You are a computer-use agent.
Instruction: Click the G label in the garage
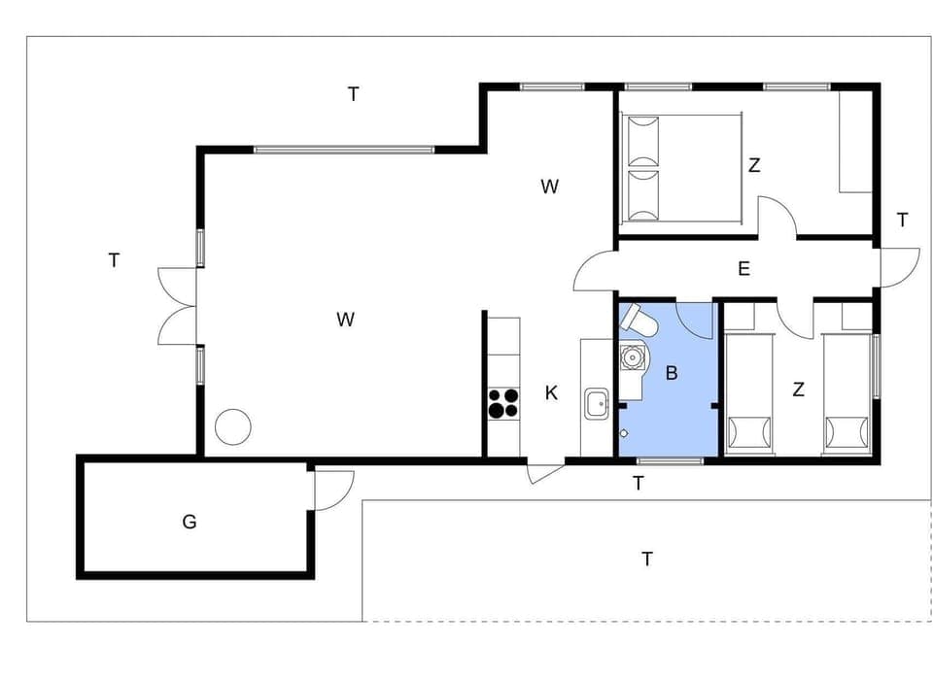click(190, 522)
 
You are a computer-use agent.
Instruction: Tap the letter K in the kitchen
click(551, 393)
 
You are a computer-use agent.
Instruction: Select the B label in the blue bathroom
click(671, 372)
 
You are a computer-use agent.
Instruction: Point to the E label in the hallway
click(743, 269)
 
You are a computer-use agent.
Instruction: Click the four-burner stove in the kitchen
click(503, 403)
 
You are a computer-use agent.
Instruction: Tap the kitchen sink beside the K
click(597, 402)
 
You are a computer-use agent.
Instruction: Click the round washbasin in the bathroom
click(634, 357)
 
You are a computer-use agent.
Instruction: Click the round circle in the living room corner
click(233, 426)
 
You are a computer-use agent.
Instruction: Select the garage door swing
click(332, 489)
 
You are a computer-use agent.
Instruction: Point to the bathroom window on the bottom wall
click(670, 459)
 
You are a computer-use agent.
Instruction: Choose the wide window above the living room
click(343, 150)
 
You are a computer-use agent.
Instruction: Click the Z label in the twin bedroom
click(798, 390)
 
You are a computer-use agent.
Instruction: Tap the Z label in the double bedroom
click(753, 165)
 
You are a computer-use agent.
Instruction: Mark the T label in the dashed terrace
click(646, 559)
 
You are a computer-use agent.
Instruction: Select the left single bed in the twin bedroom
click(748, 393)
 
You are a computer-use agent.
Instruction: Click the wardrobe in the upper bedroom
click(855, 143)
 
